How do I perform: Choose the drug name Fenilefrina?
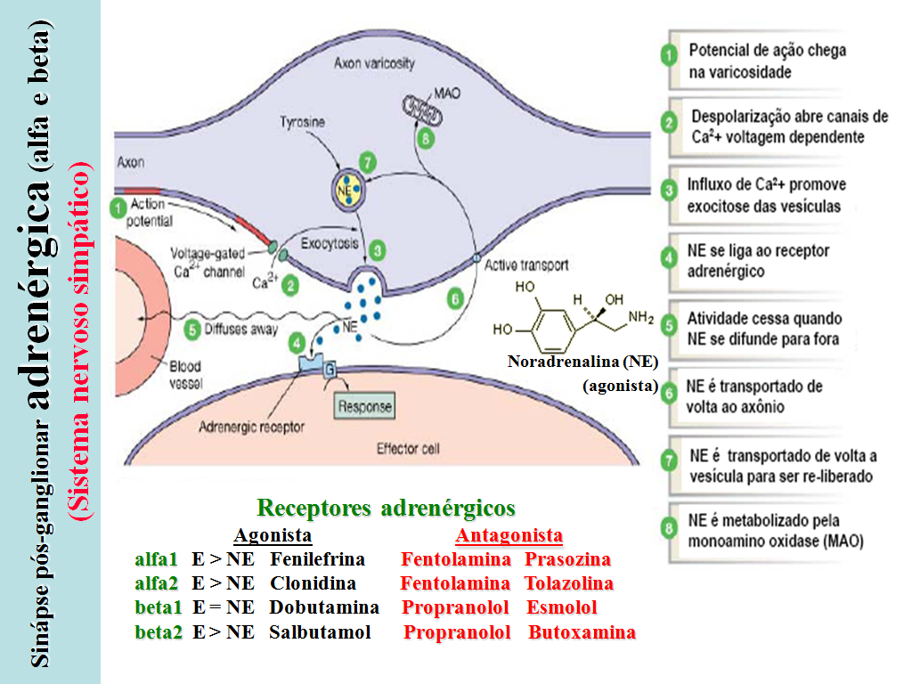click(318, 560)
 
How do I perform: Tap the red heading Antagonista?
click(509, 535)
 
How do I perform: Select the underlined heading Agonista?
click(273, 535)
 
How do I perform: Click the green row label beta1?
click(159, 608)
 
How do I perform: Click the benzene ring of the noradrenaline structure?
click(544, 328)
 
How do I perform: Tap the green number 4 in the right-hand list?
click(670, 260)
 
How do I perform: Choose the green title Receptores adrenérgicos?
click(387, 509)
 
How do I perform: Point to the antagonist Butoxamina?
click(582, 633)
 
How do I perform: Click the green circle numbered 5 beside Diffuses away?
click(192, 329)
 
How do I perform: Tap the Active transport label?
click(526, 265)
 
